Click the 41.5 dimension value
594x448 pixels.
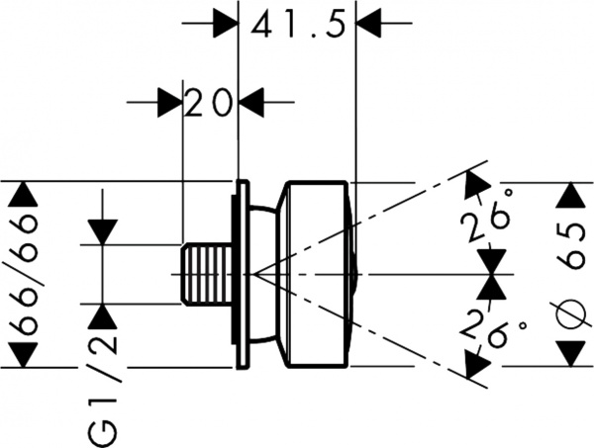(297, 24)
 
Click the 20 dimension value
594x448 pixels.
(209, 101)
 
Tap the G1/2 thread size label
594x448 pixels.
(103, 379)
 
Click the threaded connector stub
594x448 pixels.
(206, 274)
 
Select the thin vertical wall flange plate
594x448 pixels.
(240, 274)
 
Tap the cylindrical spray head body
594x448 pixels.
(317, 274)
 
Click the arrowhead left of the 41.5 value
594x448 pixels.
(227, 24)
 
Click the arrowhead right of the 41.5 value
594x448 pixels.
(368, 24)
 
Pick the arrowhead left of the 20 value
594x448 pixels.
(169, 101)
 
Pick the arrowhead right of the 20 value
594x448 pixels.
(250, 101)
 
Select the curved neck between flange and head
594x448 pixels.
(262, 274)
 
